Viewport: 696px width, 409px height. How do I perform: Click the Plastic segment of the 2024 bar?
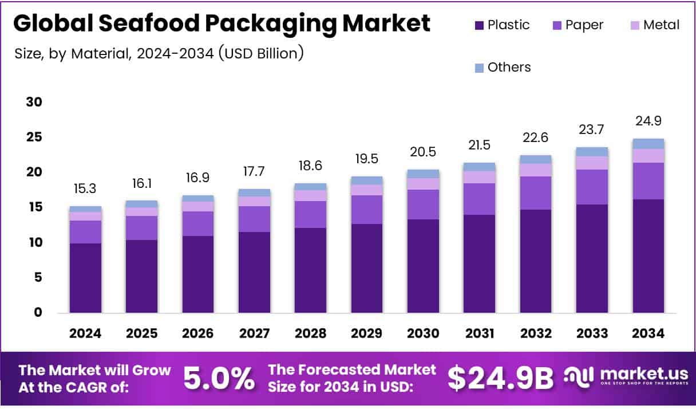click(x=85, y=278)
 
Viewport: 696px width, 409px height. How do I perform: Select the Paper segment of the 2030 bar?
click(x=423, y=204)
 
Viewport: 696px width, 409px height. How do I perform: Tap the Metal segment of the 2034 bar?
click(x=648, y=156)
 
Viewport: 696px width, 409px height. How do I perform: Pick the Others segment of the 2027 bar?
click(x=254, y=193)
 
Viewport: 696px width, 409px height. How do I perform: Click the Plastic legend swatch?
click(x=479, y=25)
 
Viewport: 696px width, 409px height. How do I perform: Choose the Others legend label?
click(x=509, y=68)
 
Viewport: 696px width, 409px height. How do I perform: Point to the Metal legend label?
click(x=661, y=25)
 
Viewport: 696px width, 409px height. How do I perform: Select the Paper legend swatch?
click(x=557, y=25)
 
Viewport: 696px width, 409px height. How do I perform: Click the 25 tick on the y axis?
click(x=34, y=137)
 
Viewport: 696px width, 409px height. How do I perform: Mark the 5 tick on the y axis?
click(x=38, y=278)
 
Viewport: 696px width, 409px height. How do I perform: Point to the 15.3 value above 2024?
click(x=85, y=188)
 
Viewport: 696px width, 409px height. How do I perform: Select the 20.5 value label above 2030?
click(x=423, y=152)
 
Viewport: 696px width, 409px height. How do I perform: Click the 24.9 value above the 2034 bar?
click(x=648, y=121)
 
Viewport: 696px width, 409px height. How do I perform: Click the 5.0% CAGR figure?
click(x=219, y=379)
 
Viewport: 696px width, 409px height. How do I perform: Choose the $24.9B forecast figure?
click(x=500, y=379)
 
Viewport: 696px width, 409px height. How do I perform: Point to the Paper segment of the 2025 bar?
click(x=141, y=228)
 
